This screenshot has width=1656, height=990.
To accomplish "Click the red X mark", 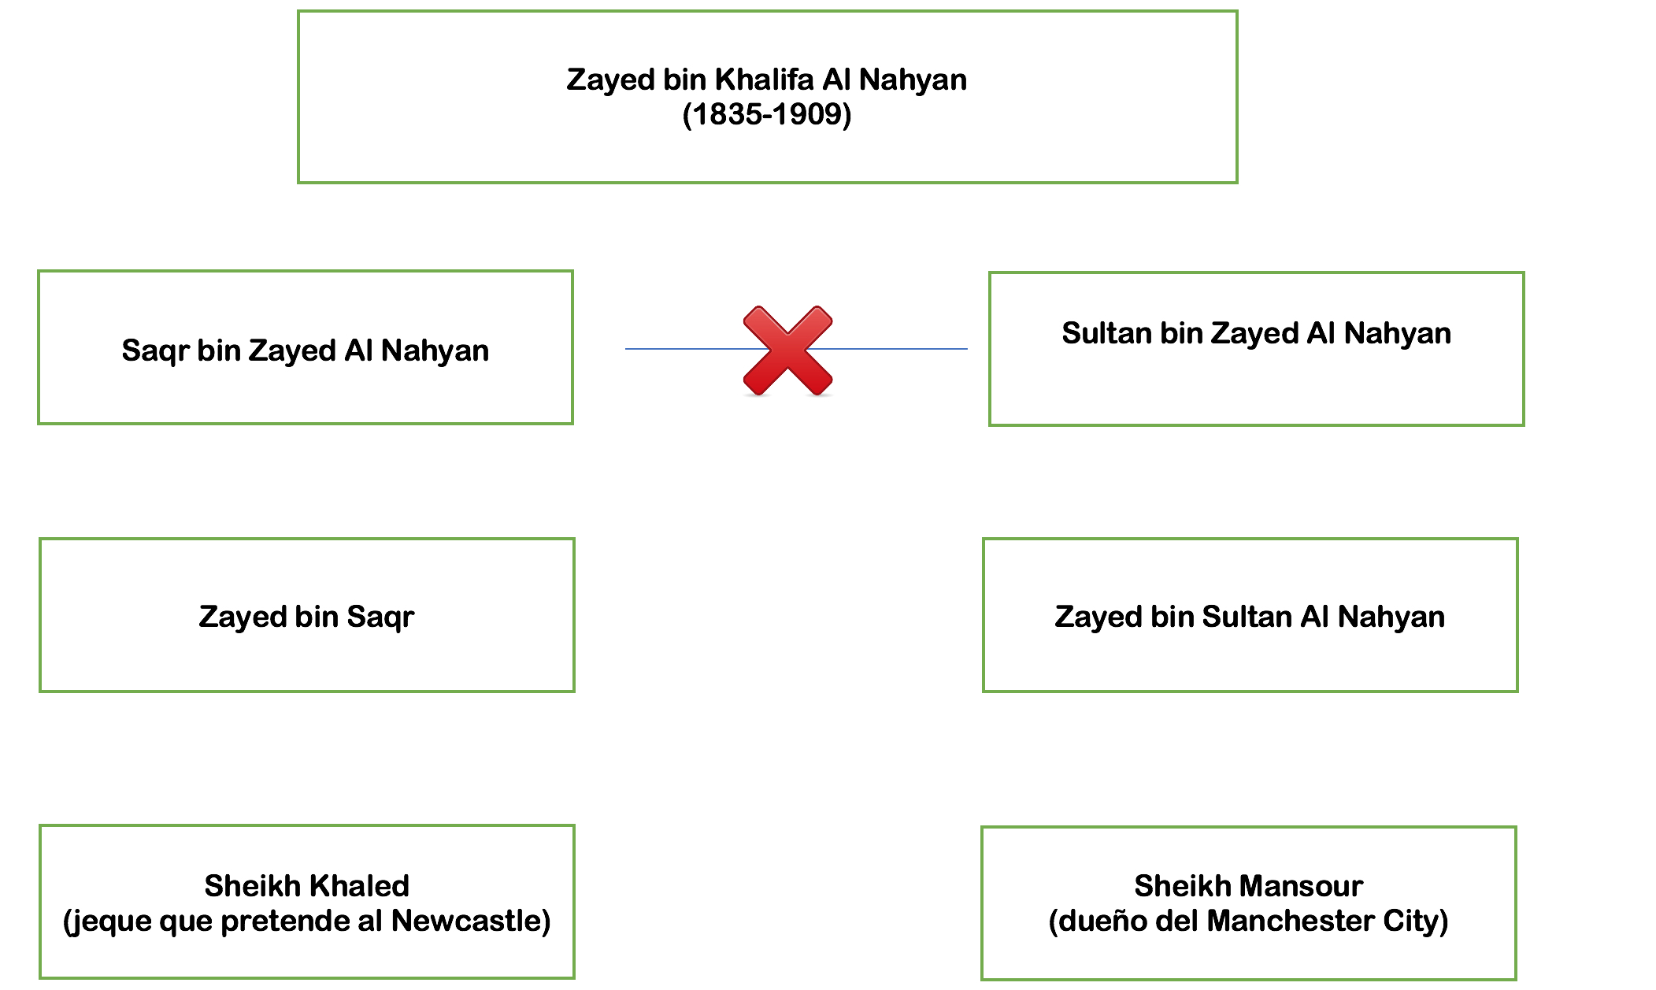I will click(787, 350).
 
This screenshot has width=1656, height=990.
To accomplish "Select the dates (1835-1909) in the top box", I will click(767, 115).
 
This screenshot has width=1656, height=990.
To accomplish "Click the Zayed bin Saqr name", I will click(306, 617).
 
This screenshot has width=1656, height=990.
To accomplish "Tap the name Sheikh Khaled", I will click(306, 886).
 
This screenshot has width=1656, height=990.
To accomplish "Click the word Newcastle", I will click(470, 921).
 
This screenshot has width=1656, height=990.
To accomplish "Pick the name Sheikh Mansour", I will click(1248, 886).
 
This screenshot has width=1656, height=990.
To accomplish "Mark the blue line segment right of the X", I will click(898, 348).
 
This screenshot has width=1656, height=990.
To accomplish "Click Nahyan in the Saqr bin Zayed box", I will click(435, 350).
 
